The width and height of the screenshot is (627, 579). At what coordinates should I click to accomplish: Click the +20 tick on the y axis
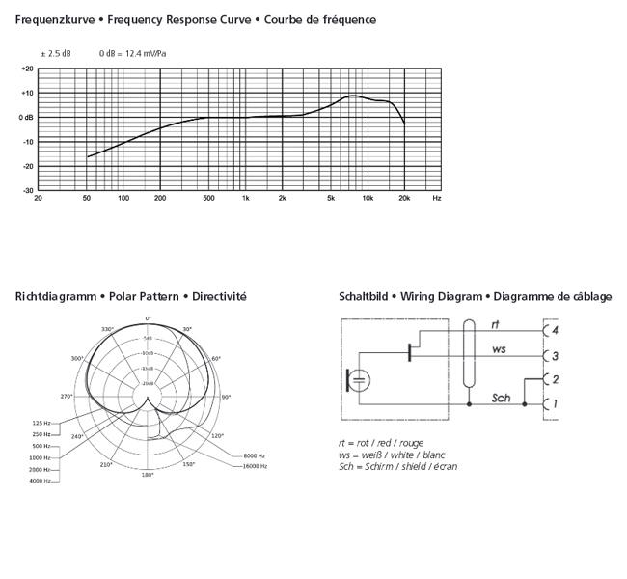point(27,69)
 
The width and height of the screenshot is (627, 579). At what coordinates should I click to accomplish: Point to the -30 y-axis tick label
point(27,190)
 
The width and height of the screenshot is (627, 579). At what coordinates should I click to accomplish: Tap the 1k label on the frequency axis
point(246,198)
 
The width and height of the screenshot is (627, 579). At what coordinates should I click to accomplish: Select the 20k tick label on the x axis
point(404,198)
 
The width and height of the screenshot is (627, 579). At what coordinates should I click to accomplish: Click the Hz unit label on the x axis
point(437,198)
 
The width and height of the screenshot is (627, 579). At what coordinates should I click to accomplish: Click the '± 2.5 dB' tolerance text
point(55,53)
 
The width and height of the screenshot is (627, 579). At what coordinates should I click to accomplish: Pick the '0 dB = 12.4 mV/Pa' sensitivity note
point(131,53)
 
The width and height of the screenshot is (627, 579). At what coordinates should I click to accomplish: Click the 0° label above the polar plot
point(149,317)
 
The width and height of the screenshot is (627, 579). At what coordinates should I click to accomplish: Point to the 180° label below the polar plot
point(148,475)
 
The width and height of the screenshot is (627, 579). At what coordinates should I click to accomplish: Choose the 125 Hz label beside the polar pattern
point(41,424)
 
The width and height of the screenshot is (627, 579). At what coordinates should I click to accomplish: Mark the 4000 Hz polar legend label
point(41,480)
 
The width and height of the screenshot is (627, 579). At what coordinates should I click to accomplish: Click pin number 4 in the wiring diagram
point(555,331)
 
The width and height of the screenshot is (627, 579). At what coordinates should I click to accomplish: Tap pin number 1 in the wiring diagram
point(555,402)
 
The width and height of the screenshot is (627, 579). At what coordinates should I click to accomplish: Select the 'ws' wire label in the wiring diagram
point(499,348)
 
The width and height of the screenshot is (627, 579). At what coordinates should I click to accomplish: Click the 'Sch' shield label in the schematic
point(501,397)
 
